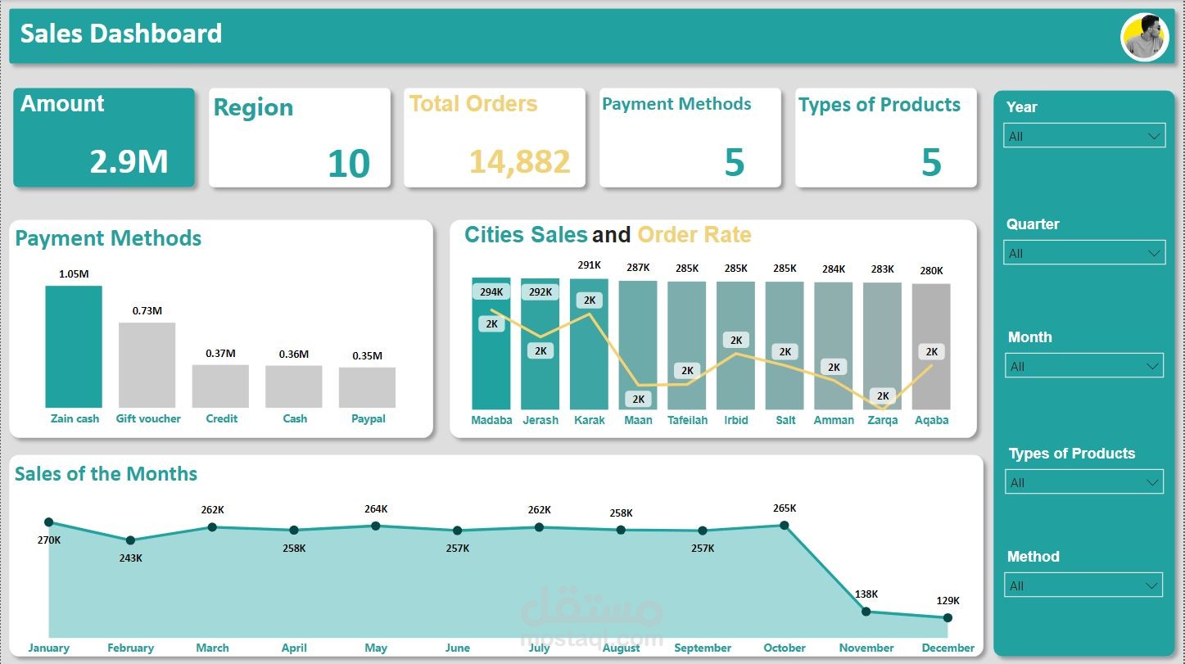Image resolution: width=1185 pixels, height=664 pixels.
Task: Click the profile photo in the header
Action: tap(1144, 38)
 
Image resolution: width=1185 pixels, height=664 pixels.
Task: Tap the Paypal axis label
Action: tap(368, 418)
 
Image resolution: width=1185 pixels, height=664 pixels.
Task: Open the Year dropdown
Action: tap(1083, 136)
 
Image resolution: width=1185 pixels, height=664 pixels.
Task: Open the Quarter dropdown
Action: tap(1083, 253)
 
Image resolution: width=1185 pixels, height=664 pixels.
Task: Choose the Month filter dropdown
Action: tap(1083, 366)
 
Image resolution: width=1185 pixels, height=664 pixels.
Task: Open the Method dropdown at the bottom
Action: tap(1083, 585)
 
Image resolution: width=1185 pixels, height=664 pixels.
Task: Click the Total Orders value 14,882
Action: tap(519, 162)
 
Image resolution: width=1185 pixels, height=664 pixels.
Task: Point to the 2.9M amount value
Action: tap(129, 161)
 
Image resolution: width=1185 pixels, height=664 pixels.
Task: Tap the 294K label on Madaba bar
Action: tap(491, 291)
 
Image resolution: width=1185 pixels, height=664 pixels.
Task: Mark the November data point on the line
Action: tap(866, 611)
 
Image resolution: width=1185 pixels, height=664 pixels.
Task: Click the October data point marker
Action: tap(785, 525)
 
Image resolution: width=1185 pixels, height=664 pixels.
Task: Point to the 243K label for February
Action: tap(130, 558)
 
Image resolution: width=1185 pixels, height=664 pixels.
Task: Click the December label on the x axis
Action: tap(948, 648)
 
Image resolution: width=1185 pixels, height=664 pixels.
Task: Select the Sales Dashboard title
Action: tap(121, 34)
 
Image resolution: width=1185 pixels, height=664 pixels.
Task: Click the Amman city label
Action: tap(834, 420)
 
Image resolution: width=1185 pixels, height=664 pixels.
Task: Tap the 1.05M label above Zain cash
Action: tap(74, 273)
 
